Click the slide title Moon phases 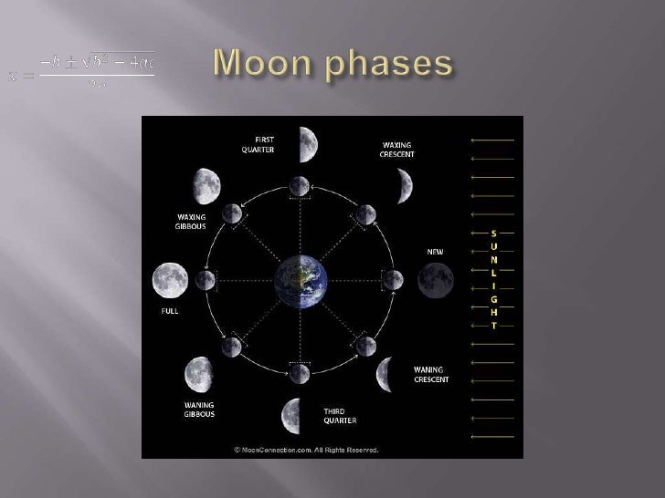coord(332,66)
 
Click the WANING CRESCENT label coord(429,374)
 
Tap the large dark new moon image coord(433,277)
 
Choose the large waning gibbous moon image coord(198,373)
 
